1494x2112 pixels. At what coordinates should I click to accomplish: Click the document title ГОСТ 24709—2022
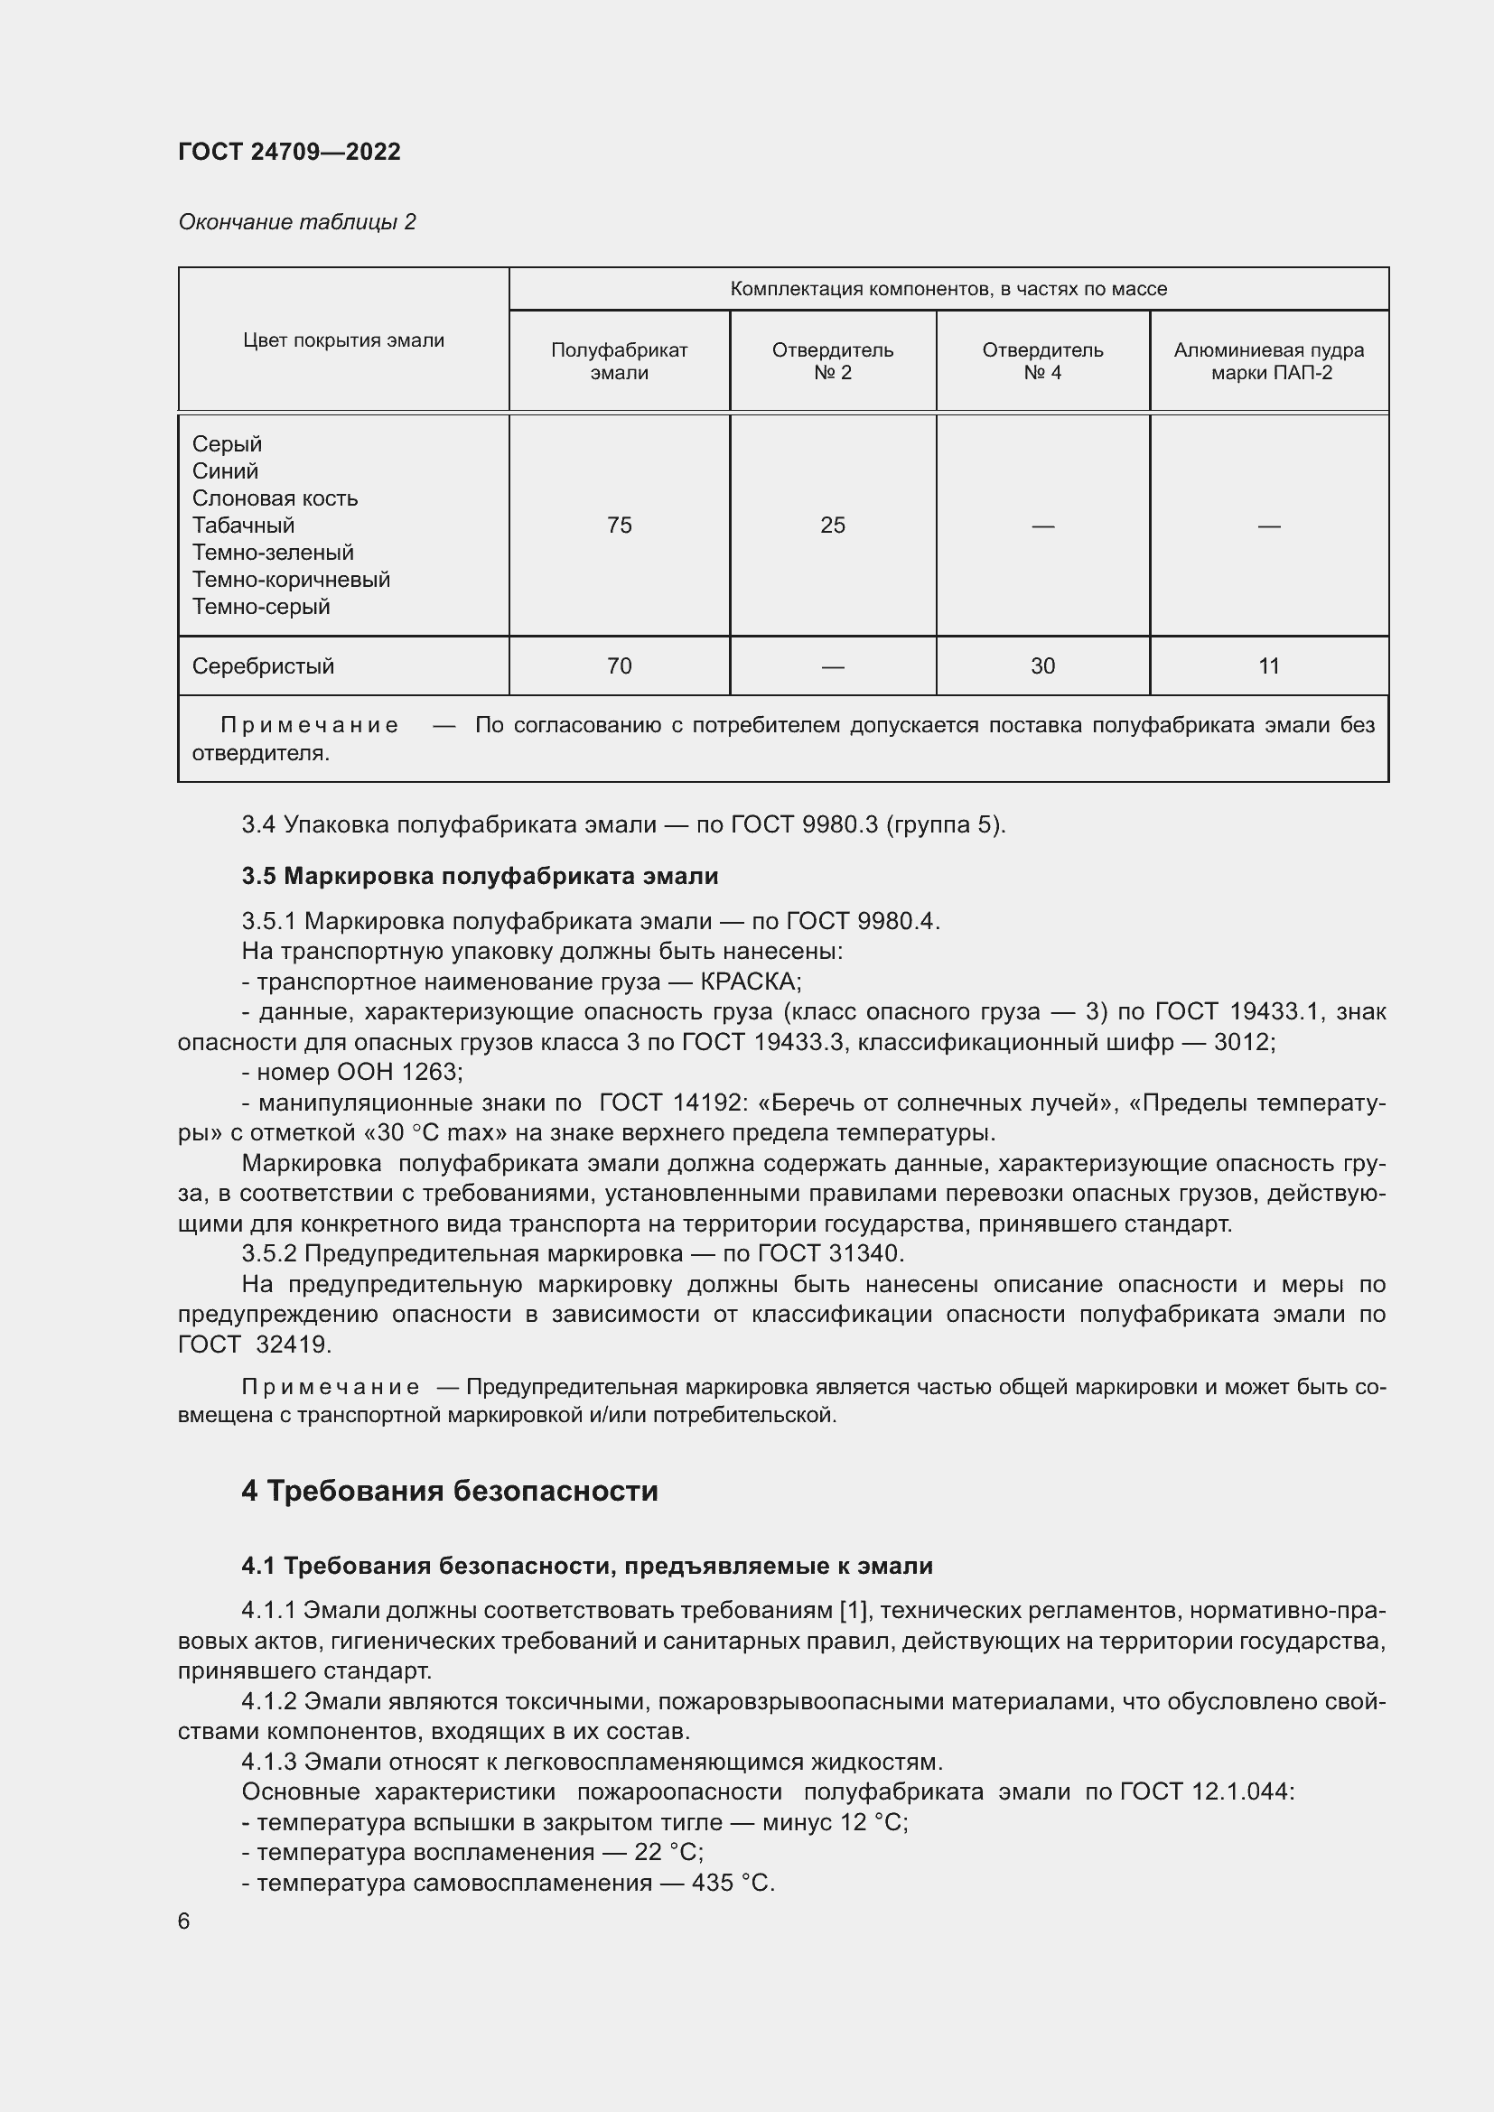pos(289,152)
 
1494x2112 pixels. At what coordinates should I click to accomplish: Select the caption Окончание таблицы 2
pos(296,222)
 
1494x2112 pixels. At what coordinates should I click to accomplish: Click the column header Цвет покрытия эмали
pos(343,340)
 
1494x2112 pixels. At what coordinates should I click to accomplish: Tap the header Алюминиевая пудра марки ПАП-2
pos(1268,360)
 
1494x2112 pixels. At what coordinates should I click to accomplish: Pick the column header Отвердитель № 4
pos(1042,360)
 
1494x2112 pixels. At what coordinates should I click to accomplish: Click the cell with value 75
pos(619,526)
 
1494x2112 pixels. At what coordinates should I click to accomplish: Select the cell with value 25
pos(833,526)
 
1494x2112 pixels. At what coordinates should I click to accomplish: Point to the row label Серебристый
pos(263,666)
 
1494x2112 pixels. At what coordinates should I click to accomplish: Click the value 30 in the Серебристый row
pos(1042,666)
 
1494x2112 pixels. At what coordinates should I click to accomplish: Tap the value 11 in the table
pos(1268,666)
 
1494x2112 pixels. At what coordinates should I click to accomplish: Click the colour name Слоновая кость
pos(275,498)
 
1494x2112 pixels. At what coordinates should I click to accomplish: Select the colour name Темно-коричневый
pos(291,580)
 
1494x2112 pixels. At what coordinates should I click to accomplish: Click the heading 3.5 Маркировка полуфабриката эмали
pos(480,876)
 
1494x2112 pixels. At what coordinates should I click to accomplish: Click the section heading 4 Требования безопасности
pos(450,1491)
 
